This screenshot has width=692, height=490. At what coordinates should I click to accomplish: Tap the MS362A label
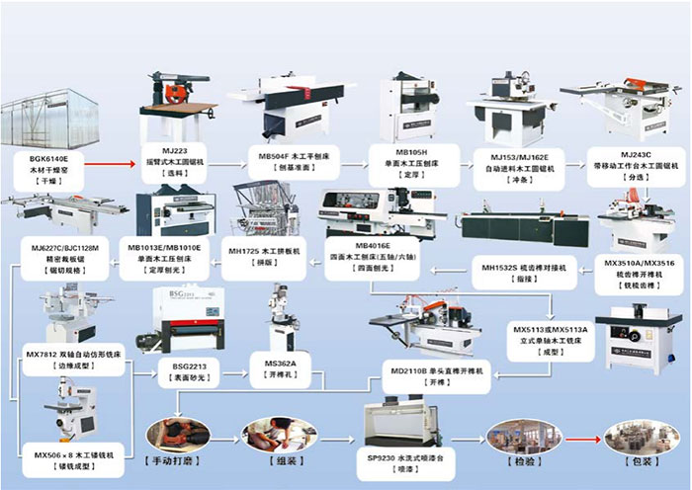[x=280, y=364]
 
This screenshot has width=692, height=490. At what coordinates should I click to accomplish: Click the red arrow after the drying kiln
[x=121, y=156]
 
